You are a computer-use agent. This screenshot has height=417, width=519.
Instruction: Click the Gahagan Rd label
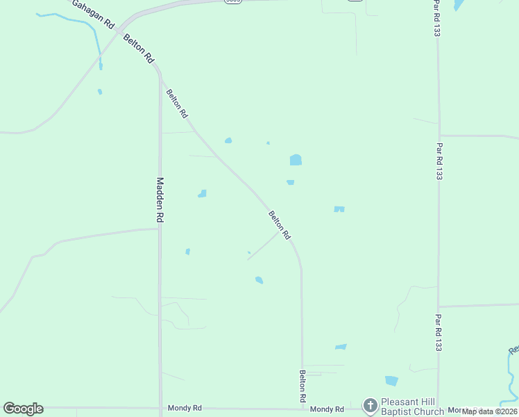point(92,14)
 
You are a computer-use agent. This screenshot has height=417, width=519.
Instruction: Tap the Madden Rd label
point(160,200)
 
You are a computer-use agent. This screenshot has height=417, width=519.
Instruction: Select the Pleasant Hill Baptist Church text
point(413,407)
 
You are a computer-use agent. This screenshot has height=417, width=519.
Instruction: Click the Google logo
point(23,409)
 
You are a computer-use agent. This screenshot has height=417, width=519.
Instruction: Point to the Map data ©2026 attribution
point(490,411)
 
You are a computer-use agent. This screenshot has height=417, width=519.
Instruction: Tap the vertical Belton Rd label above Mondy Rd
point(303,387)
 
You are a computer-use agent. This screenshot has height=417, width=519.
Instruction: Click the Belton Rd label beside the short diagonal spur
point(280,225)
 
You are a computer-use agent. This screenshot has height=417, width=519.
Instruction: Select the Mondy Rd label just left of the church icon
point(327,409)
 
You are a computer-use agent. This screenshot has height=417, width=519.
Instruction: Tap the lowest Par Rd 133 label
point(438,332)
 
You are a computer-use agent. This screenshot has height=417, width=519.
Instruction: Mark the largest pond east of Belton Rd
point(296,160)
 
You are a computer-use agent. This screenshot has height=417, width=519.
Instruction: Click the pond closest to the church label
point(391,381)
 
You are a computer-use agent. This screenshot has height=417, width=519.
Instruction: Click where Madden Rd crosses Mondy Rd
point(160,409)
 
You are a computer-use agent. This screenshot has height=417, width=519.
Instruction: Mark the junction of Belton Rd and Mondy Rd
point(303,409)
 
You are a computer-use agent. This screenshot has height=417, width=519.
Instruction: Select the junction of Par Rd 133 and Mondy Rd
point(438,408)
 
